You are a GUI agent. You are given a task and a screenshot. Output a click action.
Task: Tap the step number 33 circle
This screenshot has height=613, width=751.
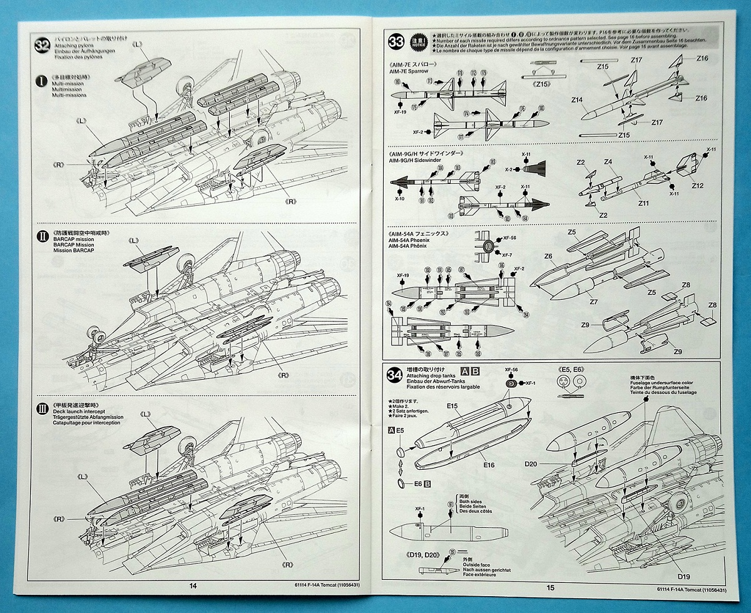pyautogui.click(x=396, y=42)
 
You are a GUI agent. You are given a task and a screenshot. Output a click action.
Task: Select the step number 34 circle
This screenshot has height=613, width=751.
pyautogui.click(x=395, y=375)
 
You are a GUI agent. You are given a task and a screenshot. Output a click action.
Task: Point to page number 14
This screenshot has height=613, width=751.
pyautogui.click(x=192, y=585)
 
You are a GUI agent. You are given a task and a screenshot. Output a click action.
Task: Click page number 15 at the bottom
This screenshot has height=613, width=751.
pyautogui.click(x=550, y=587)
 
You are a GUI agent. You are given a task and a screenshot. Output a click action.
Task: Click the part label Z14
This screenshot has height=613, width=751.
pyautogui.click(x=576, y=100)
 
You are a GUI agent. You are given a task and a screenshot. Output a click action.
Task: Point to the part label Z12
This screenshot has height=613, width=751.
pyautogui.click(x=698, y=186)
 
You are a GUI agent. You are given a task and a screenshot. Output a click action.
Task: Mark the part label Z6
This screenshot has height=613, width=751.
pyautogui.click(x=548, y=256)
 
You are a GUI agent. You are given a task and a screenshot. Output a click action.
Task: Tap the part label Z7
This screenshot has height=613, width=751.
pyautogui.click(x=593, y=301)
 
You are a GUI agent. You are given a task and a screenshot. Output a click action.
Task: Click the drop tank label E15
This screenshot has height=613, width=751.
pyautogui.click(x=453, y=406)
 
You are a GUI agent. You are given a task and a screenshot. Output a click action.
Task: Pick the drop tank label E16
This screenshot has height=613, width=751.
pyautogui.click(x=489, y=465)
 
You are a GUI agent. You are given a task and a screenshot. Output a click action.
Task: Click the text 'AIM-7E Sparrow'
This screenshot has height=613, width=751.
pyautogui.click(x=409, y=71)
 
